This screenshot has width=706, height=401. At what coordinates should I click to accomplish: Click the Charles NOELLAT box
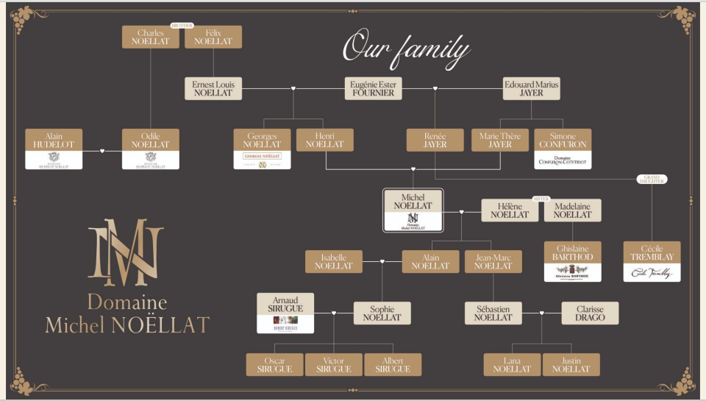click(x=151, y=37)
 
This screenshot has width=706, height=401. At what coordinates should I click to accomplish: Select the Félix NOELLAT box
click(x=213, y=37)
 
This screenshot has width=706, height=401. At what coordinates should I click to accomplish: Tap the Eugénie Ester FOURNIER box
click(x=373, y=88)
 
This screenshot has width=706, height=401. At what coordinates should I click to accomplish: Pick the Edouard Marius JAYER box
click(x=531, y=88)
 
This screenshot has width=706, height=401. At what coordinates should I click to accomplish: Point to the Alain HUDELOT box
click(x=54, y=149)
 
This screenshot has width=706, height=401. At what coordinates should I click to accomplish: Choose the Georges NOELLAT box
click(x=262, y=149)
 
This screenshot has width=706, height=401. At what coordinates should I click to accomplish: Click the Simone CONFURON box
click(x=563, y=149)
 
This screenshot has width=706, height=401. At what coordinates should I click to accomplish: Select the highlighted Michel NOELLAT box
click(x=413, y=210)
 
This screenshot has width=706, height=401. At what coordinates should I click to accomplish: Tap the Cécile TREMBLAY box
click(x=652, y=261)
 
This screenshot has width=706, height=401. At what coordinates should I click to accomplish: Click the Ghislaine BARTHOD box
click(x=572, y=261)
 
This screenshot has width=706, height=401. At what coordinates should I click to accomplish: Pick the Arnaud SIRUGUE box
click(x=285, y=313)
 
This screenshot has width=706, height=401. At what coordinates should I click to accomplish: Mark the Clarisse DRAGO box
click(x=591, y=313)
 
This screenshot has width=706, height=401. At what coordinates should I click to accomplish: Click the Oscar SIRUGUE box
click(x=274, y=364)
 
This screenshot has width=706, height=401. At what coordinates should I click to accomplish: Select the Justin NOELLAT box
click(x=571, y=364)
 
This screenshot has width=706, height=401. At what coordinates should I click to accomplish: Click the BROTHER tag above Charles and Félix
click(x=182, y=26)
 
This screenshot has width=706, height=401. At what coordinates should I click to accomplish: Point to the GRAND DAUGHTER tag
click(x=652, y=180)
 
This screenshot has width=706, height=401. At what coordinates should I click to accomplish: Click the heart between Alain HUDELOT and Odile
click(x=102, y=151)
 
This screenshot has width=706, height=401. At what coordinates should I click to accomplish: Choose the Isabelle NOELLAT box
click(x=334, y=261)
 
